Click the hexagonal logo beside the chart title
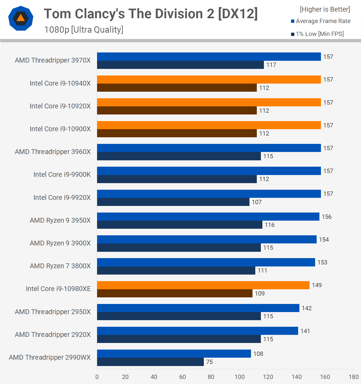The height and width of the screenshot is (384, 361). point(21,18)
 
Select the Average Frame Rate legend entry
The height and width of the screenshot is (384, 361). point(321,21)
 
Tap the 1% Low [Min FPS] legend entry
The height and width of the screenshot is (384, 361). point(317,34)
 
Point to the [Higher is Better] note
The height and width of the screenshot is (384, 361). point(325,9)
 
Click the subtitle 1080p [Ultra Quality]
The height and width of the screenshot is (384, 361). point(84,30)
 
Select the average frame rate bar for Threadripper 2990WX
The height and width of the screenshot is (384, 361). point(174,354)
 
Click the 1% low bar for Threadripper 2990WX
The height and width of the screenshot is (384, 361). point(150,362)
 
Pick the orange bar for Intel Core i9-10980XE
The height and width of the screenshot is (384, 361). point(203,285)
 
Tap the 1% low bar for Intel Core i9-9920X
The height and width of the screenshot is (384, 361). point(173,202)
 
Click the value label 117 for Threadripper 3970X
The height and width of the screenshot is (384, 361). point(271,65)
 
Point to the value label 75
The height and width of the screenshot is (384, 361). point(209,362)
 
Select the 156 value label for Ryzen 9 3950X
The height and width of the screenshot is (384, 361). point(327,217)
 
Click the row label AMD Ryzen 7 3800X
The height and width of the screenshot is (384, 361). point(60,266)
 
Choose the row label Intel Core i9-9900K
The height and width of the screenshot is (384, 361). point(62,175)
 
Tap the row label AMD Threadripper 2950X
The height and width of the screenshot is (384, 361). point(53,312)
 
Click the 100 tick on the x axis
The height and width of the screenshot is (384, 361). point(240,377)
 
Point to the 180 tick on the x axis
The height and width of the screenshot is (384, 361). point(353,377)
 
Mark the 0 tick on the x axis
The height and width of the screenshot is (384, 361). point(97,377)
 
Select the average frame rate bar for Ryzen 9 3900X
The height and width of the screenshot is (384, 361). point(207,239)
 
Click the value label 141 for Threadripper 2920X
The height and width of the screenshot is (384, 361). point(305,331)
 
